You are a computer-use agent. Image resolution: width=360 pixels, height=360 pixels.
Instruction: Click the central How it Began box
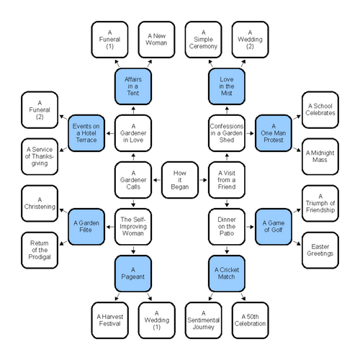point(180,180)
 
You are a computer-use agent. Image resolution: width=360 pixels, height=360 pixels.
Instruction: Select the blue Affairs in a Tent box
point(133,86)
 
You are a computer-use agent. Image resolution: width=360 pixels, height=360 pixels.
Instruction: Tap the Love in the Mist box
point(227,86)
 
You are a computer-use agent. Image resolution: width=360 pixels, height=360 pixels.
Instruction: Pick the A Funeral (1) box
point(109,40)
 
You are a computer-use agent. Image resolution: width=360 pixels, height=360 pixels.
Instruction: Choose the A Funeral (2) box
point(40,110)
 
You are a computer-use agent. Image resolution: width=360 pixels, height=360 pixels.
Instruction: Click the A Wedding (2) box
point(250,40)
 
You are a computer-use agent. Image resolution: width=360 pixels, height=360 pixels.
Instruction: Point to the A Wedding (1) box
point(156,320)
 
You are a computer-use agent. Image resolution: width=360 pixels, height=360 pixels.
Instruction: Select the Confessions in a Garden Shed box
point(227,133)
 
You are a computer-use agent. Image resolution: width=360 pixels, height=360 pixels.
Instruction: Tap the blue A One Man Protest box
point(274,133)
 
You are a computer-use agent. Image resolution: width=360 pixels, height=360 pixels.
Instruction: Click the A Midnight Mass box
point(320,156)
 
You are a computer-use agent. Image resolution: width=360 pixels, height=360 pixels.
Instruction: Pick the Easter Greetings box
point(320,250)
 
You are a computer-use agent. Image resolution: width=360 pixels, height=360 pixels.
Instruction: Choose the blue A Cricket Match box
point(227,274)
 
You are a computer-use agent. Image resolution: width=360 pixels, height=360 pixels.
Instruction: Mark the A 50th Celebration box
point(250,320)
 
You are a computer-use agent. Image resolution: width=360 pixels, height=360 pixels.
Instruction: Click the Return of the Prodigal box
point(40,250)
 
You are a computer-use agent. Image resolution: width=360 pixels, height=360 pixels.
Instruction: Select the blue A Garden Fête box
point(86,227)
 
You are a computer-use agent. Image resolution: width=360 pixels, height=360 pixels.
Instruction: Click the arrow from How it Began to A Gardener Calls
point(157,180)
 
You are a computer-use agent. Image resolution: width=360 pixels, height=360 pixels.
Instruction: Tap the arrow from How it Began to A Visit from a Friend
point(203,180)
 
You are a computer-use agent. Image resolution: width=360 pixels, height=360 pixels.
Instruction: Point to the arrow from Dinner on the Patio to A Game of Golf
point(250,227)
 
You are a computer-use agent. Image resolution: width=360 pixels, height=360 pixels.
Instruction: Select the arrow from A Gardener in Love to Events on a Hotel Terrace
point(110,133)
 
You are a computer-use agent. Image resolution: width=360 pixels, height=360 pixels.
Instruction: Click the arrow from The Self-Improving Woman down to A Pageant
point(133,250)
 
